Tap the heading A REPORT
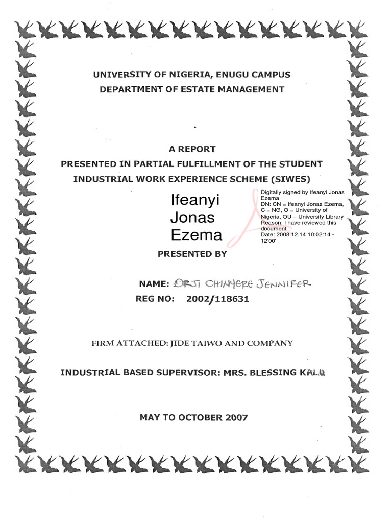coord(192,149)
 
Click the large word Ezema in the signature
coord(196,235)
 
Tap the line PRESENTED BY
coord(192,253)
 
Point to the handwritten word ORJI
coord(186,283)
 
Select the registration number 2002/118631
coord(218,299)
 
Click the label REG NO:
coord(155,299)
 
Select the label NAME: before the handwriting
coord(154,284)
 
